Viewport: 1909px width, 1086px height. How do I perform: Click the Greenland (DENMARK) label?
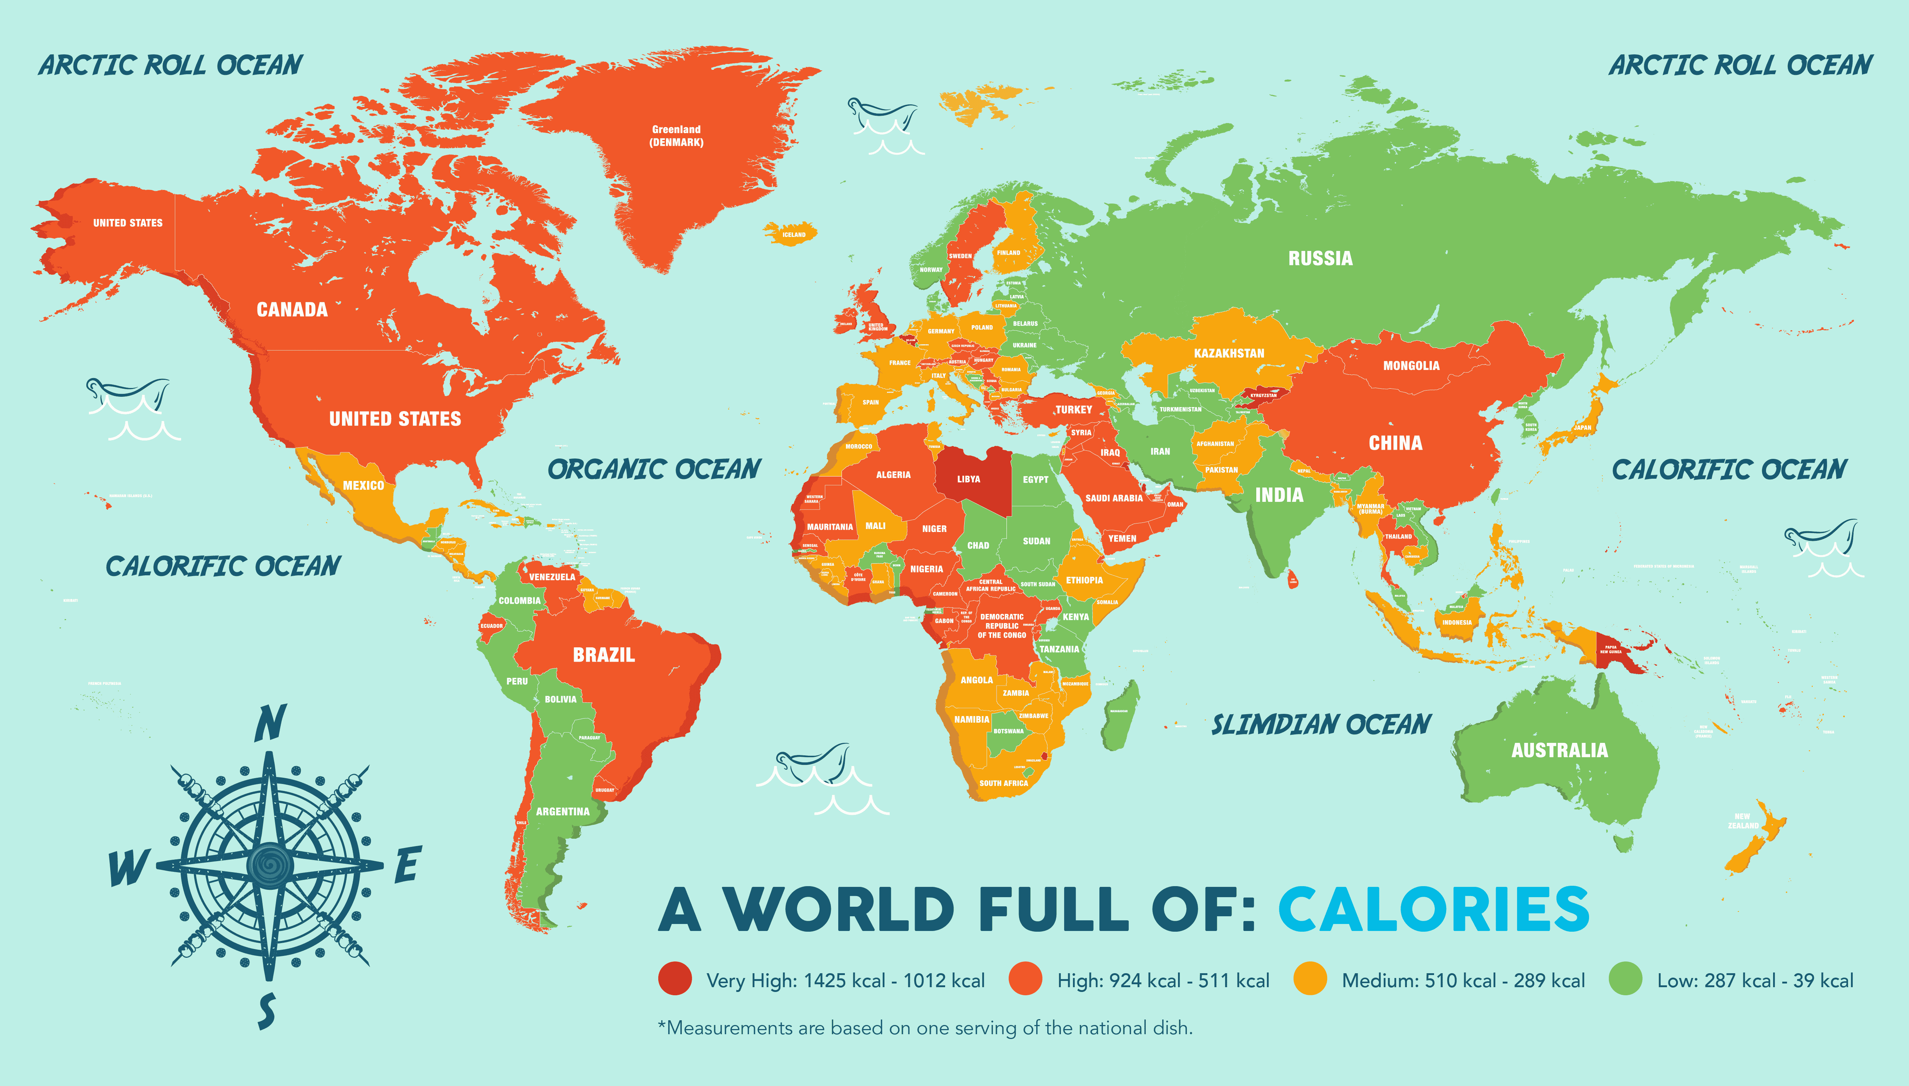[676, 136]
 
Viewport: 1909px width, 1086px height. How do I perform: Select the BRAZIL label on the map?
[603, 655]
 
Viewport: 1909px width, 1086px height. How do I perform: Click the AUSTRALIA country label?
[1559, 750]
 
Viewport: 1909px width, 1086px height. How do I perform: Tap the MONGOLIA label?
[1411, 366]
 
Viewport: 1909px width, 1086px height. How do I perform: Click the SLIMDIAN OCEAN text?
[1321, 724]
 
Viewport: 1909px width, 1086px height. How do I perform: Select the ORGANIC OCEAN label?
[654, 469]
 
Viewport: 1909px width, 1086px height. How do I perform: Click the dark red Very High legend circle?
[675, 979]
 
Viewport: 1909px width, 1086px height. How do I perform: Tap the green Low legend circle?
[1625, 979]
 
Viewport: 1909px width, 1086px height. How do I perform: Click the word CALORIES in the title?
[1433, 910]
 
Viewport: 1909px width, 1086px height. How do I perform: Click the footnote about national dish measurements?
[925, 1028]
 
